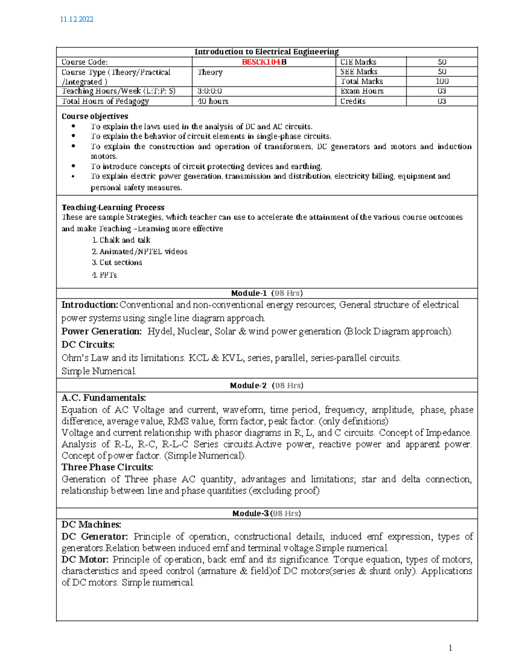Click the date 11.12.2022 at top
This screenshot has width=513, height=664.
[x=77, y=19]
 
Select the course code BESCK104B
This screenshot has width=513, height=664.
[x=264, y=62]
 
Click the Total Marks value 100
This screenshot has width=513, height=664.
[x=442, y=81]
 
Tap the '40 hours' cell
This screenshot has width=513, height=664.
[x=213, y=101]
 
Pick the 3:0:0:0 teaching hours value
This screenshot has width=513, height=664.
[x=209, y=91]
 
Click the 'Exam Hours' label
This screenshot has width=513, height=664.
[x=362, y=91]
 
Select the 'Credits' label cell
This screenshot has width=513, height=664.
[x=353, y=101]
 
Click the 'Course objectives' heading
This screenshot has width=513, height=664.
[x=94, y=116]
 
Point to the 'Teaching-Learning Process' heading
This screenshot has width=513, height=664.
[x=113, y=207]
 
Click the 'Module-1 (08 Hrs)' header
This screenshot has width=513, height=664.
[x=267, y=293]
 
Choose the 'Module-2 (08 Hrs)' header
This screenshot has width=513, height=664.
[x=267, y=386]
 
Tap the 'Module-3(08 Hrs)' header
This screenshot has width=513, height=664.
[x=267, y=513]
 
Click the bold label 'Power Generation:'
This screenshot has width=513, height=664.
[x=101, y=331]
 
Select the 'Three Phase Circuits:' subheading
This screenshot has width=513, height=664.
[x=107, y=467]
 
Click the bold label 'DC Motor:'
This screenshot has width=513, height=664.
[x=85, y=560]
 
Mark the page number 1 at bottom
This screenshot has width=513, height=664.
[x=450, y=648]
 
